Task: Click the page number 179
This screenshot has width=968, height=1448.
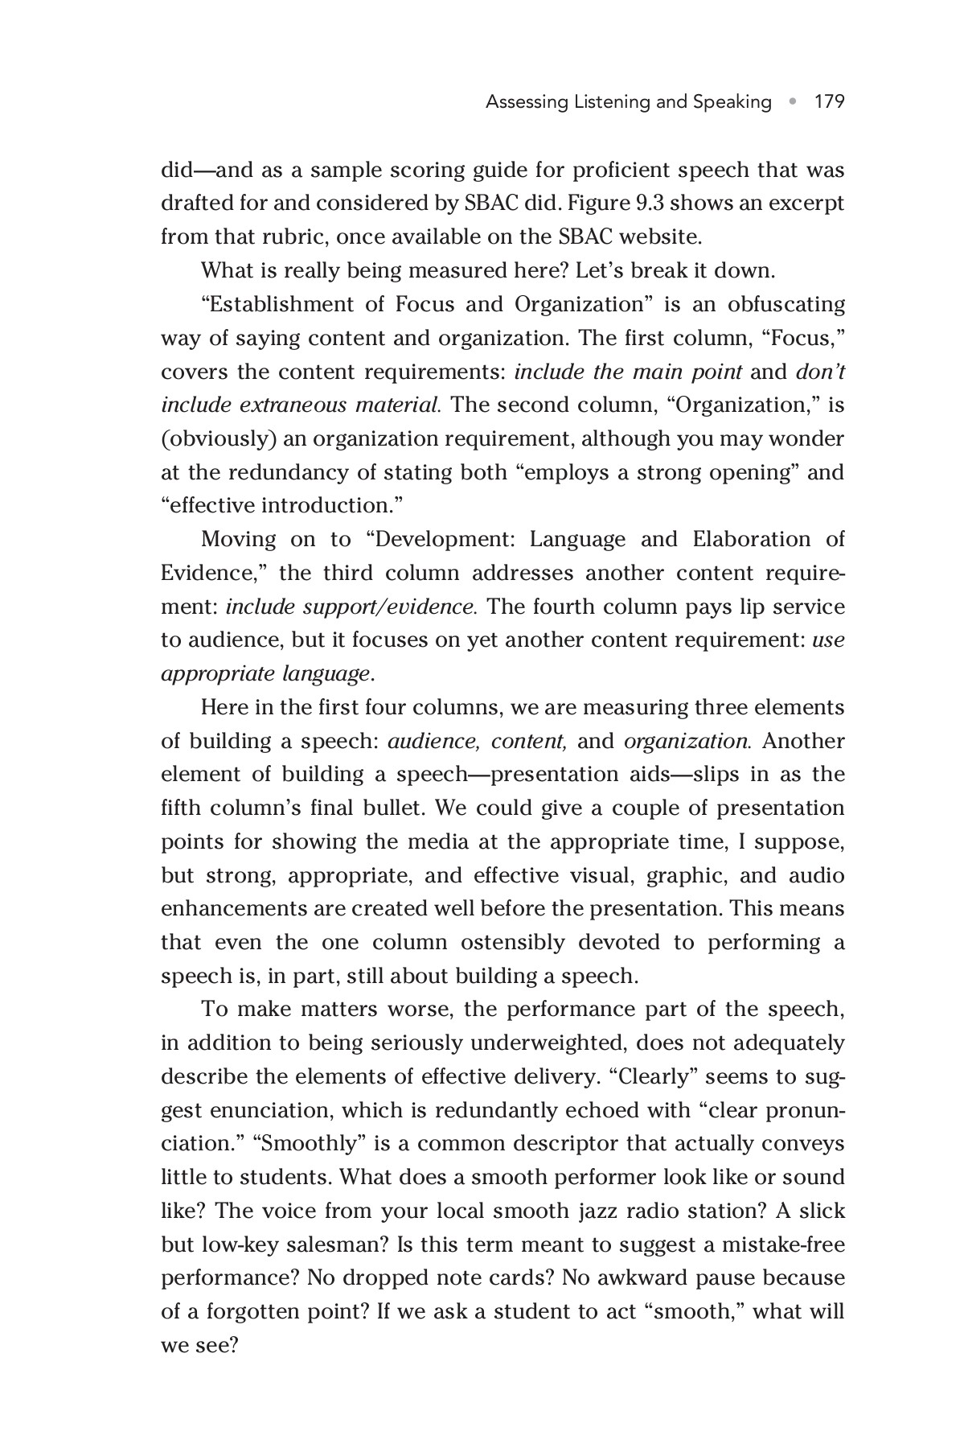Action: pos(829,102)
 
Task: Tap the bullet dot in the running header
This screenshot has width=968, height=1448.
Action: pos(793,102)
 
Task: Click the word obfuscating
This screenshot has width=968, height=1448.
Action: pos(786,305)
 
